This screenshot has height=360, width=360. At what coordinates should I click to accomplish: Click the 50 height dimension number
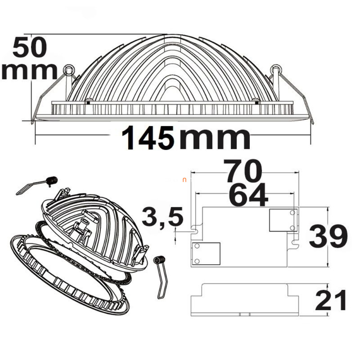[30, 48]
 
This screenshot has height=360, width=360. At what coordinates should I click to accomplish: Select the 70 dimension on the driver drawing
[242, 170]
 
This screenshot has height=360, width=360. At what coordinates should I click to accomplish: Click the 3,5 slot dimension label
[163, 216]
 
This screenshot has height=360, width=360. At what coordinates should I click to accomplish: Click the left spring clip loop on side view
[68, 70]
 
